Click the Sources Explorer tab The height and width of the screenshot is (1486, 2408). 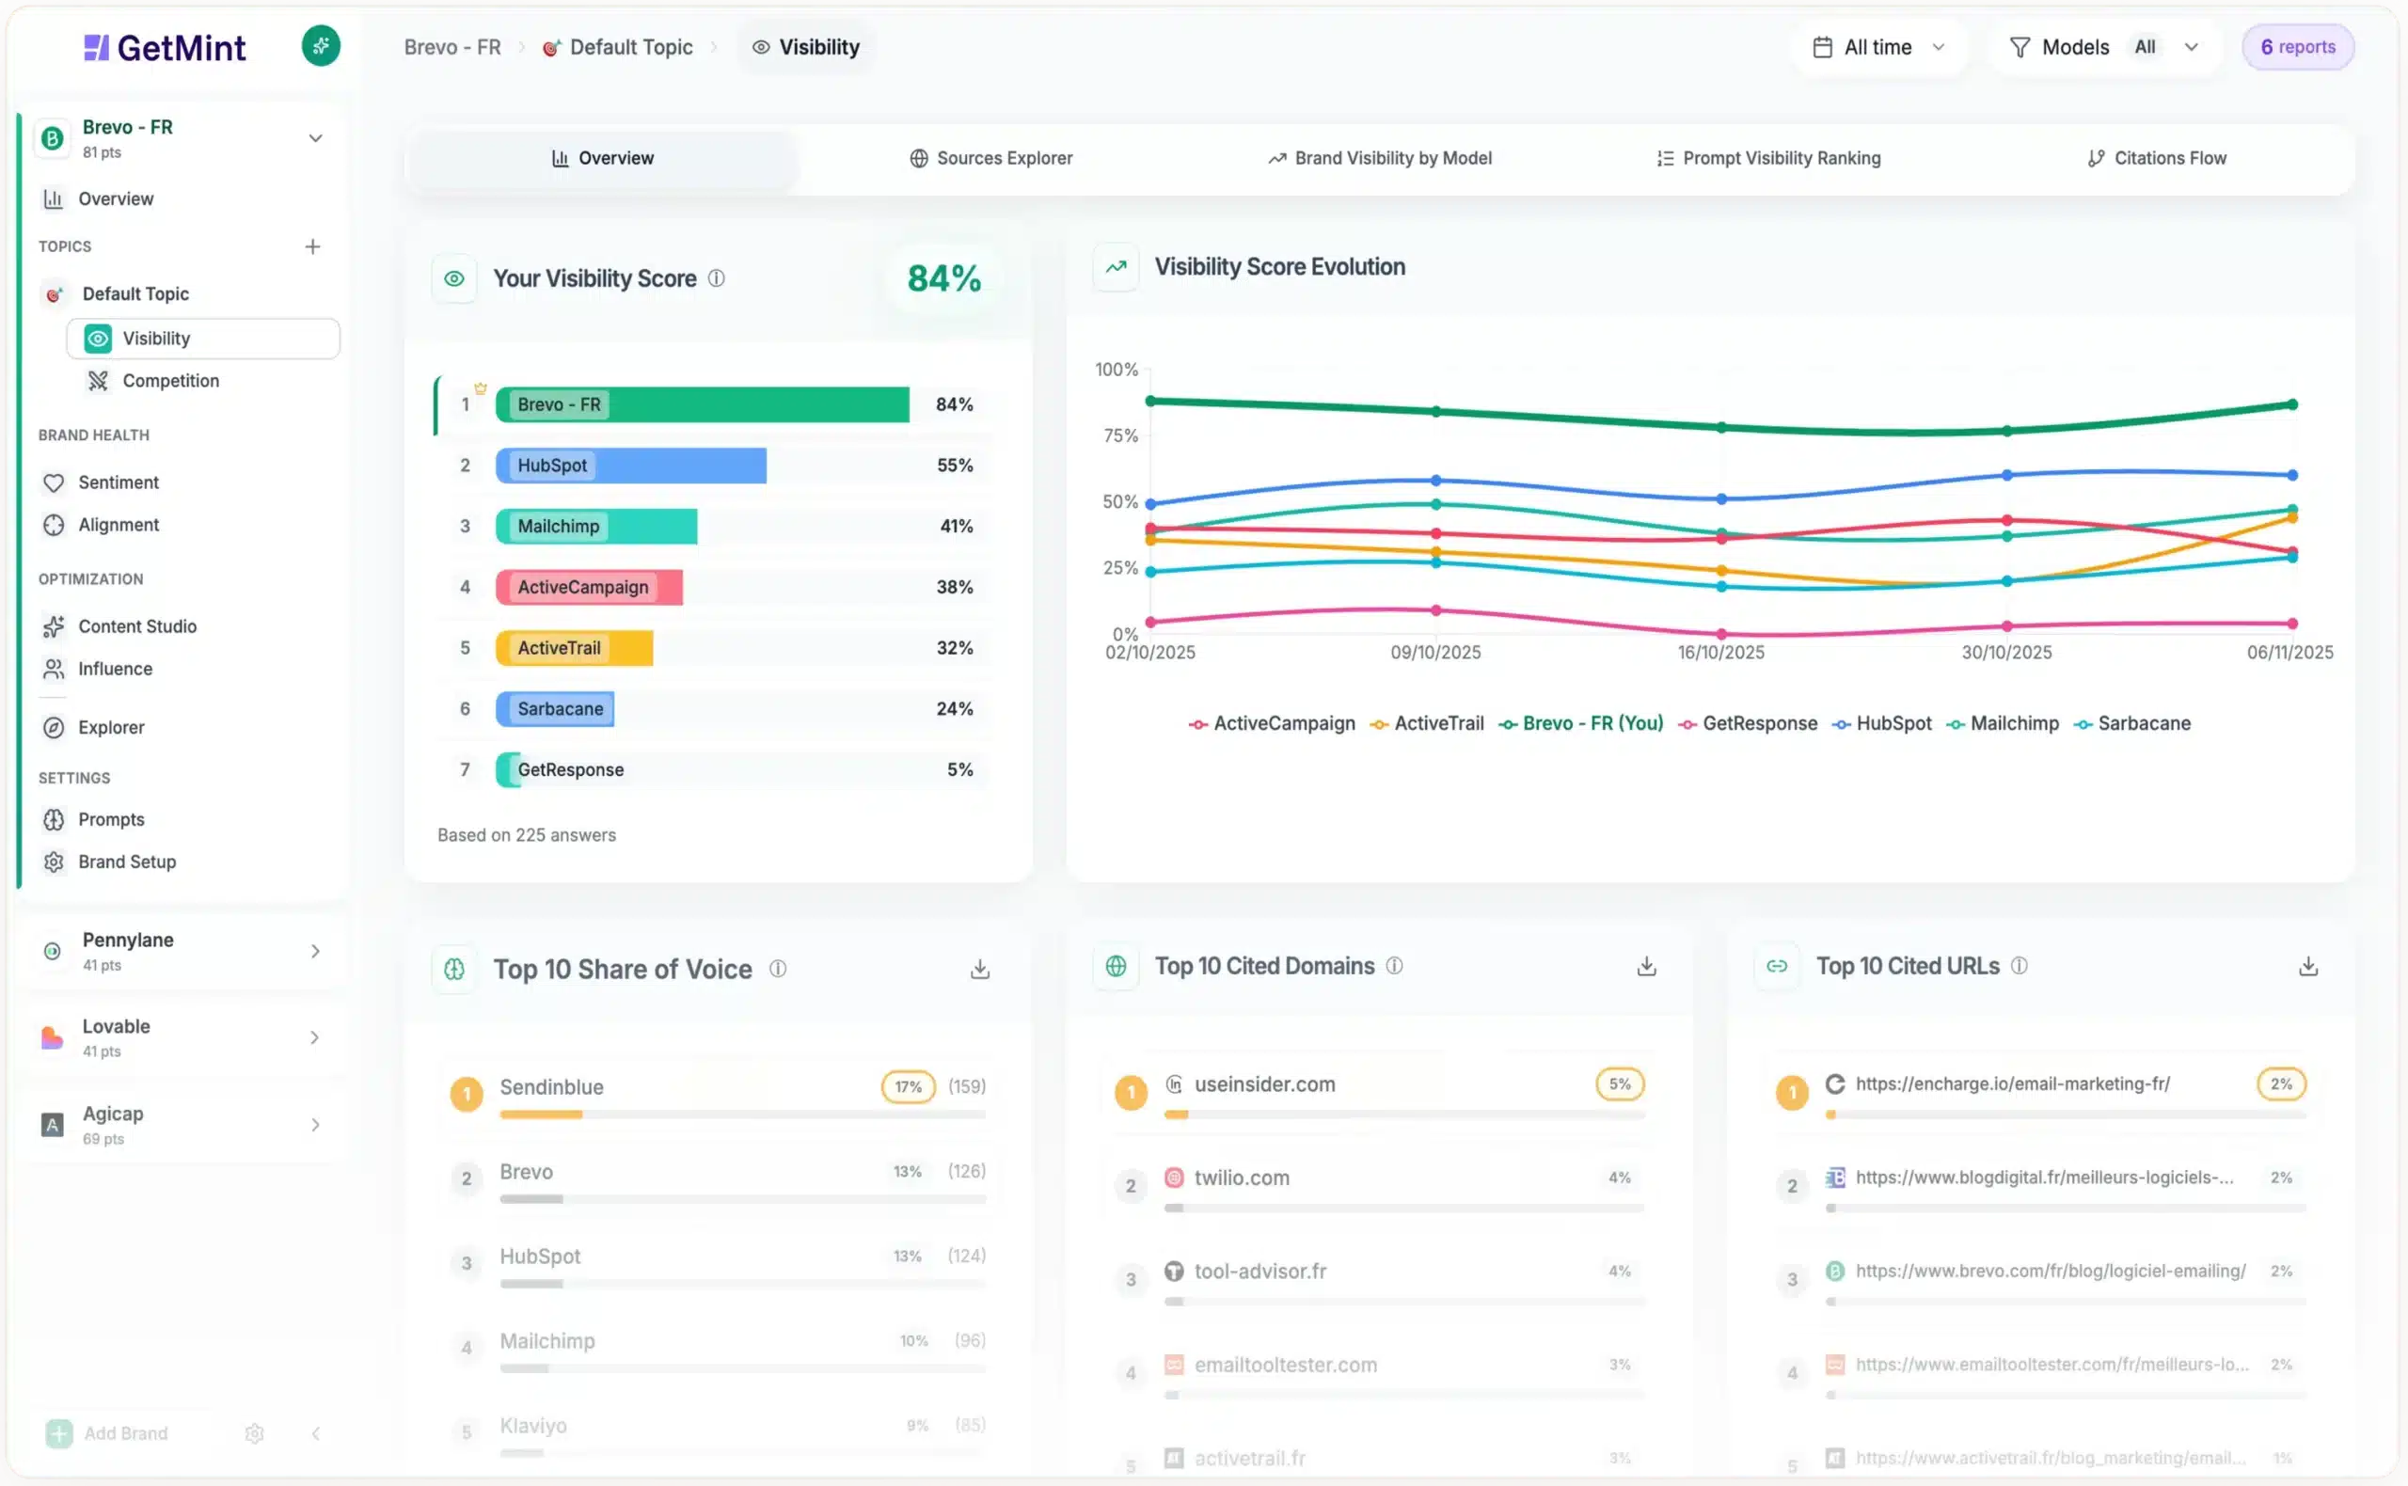click(x=990, y=158)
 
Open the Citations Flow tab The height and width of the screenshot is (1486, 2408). click(x=2157, y=158)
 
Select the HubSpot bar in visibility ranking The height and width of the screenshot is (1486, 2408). click(x=630, y=466)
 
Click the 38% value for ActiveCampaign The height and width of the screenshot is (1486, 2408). click(x=954, y=587)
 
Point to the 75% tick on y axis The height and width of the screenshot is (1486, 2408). click(x=1119, y=435)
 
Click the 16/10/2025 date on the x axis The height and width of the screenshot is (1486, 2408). click(x=1720, y=653)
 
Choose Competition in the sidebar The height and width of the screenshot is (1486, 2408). click(x=170, y=381)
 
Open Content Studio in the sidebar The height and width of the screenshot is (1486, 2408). click(x=136, y=627)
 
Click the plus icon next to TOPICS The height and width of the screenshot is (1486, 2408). click(x=312, y=246)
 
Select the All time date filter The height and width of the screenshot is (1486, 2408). click(x=1877, y=47)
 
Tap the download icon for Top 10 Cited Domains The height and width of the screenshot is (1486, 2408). click(x=1646, y=967)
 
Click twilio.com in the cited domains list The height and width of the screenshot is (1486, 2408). click(x=1241, y=1178)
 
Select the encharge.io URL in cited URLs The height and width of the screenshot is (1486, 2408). click(x=2011, y=1084)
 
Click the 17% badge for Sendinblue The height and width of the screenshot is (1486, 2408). click(x=907, y=1087)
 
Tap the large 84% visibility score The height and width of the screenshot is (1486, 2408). click(x=943, y=279)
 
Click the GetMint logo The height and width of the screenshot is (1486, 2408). click(x=166, y=47)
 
